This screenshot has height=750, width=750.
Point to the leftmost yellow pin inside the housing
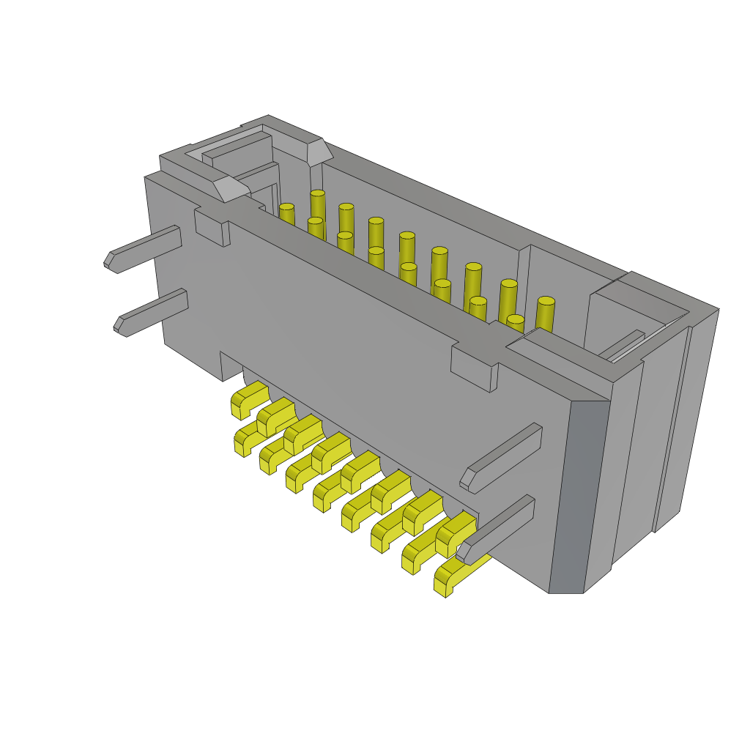click(286, 215)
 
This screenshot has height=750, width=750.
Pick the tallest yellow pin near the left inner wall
click(317, 205)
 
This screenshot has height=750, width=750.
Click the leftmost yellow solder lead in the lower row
click(245, 439)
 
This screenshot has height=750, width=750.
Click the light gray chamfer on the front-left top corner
click(231, 188)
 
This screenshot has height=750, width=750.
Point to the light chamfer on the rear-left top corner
click(319, 152)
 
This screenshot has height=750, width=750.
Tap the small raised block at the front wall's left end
click(210, 228)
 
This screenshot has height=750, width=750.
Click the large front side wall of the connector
click(366, 366)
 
